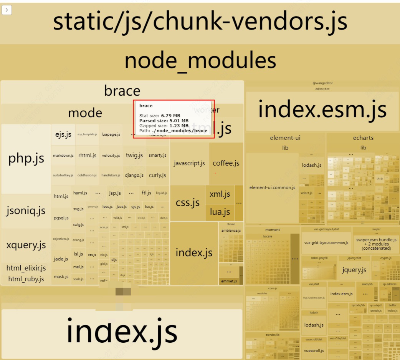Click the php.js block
coord(26,158)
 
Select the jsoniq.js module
coord(26,211)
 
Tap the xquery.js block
coord(26,245)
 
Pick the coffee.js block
coord(226,163)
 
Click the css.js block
coord(187,202)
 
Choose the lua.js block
coord(220,212)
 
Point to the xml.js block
coord(220,194)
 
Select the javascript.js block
coord(189,163)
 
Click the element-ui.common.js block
coord(272,187)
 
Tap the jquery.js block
coord(354,269)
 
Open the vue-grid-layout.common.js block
coord(326,242)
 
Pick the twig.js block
coord(134,155)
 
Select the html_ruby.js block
coord(26,279)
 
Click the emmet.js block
coord(229,281)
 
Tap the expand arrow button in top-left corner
coord(7,10)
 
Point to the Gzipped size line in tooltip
coord(164,126)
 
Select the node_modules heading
coord(200,61)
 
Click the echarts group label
coord(363,138)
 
